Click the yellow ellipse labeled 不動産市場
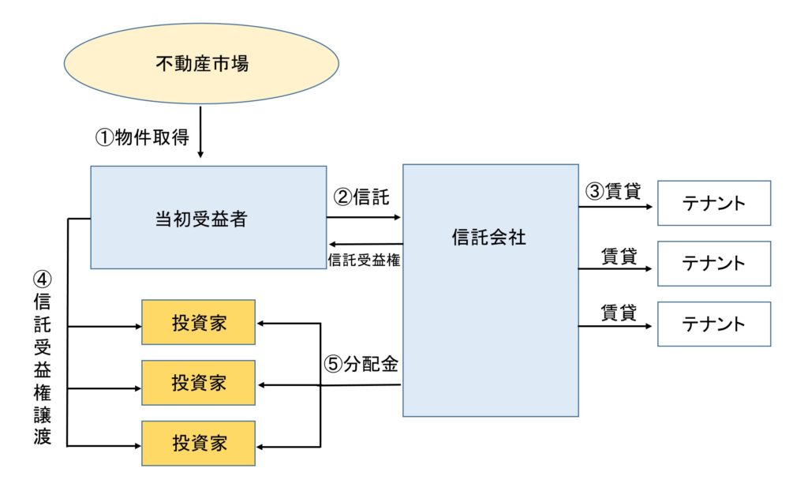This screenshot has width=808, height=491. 201,63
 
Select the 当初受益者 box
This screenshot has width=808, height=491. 208,218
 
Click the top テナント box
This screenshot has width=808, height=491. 713,203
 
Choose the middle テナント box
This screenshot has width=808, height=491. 713,263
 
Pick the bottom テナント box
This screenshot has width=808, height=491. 713,324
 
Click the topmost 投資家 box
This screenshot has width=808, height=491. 198,322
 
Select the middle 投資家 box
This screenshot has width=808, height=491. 198,383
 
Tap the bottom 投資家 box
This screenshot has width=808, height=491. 198,444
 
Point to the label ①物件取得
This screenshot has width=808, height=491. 143,137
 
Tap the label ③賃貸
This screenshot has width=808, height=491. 612,191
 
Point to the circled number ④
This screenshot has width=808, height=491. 42,280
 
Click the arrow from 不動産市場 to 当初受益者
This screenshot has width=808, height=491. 201,134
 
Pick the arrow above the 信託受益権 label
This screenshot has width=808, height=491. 365,244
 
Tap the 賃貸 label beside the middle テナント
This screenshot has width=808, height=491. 619,255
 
